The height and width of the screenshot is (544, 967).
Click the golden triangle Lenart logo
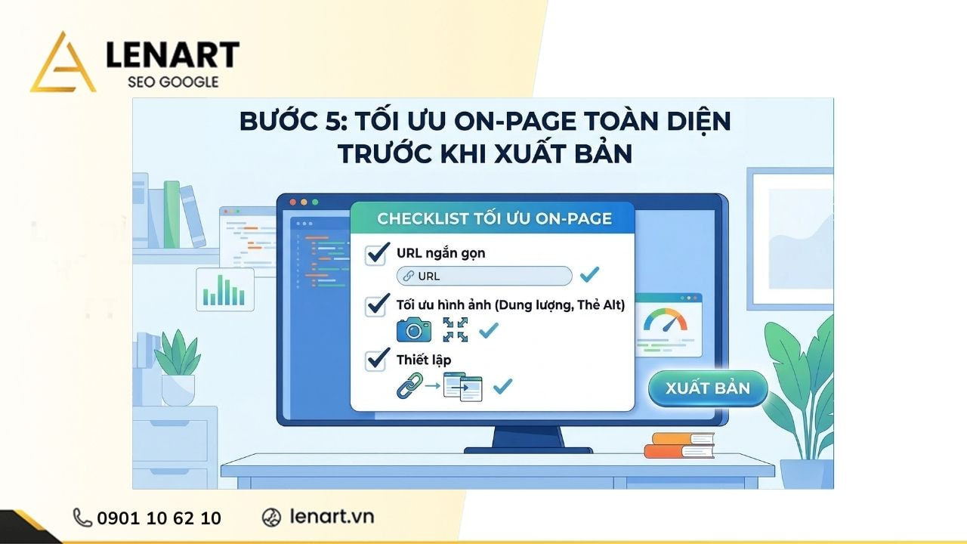63,64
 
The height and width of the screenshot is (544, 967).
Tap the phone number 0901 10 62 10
159,518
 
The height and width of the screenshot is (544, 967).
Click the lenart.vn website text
332,517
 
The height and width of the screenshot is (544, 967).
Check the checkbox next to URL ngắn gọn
376,254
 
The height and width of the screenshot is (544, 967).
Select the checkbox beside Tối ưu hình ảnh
376,306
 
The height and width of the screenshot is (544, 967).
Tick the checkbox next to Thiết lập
376,360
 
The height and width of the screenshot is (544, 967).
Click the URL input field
484,276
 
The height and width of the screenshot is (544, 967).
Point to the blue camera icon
414,329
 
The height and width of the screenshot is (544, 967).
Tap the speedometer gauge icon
665,322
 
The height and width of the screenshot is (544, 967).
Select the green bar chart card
225,289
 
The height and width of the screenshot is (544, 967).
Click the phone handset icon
82,518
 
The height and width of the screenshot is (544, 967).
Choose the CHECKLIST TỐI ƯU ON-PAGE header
494,219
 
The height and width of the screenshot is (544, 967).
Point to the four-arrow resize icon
455,329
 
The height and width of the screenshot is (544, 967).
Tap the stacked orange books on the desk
679,445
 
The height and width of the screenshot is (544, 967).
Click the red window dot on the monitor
293,202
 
